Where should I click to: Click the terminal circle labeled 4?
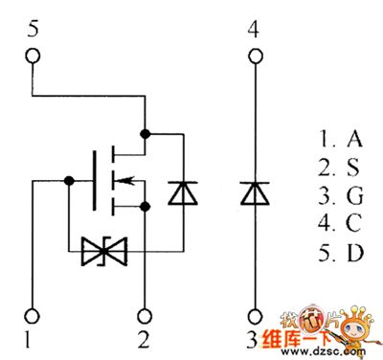pyautogui.click(x=253, y=56)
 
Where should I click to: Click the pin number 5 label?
pyautogui.click(x=34, y=29)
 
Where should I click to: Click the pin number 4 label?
pyautogui.click(x=253, y=29)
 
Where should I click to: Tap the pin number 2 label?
pyautogui.click(x=145, y=339)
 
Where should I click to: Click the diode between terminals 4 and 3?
pyautogui.click(x=253, y=193)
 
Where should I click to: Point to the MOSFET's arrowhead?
pyautogui.click(x=126, y=178)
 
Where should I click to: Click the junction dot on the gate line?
pyautogui.click(x=69, y=178)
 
